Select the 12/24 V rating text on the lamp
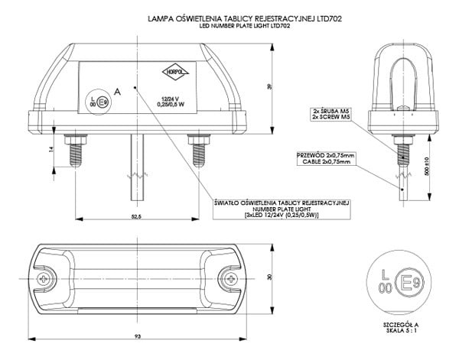(170, 98)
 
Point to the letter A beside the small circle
(116, 91)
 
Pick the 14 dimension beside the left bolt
(52, 150)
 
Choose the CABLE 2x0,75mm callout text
(321, 161)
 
